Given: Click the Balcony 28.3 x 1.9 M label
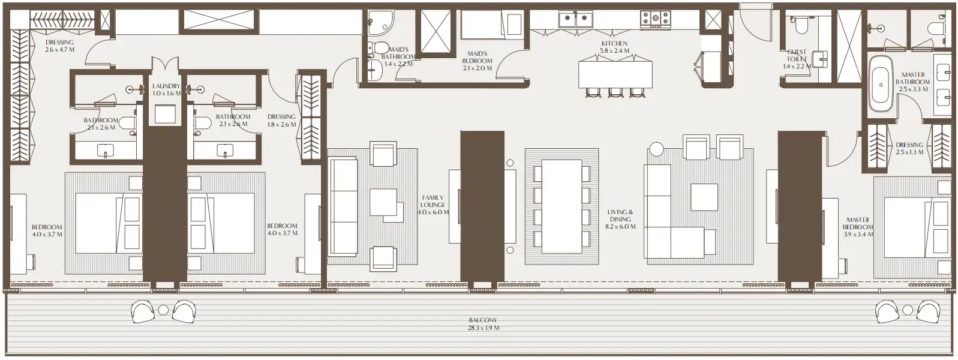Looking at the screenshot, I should point(483,324).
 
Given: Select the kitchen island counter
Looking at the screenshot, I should point(615,74).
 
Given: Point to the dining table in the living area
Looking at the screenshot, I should point(561,207).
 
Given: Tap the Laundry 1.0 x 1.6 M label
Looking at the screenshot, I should point(166,89).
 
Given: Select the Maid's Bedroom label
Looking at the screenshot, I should point(477,61).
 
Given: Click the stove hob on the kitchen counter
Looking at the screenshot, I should point(655,19).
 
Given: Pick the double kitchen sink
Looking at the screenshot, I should point(575,19).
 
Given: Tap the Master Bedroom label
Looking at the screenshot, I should point(857,227).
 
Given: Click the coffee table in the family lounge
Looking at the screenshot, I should point(383,202).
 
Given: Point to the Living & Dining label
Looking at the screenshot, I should point(620,219).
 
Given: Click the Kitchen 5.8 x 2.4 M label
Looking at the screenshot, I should point(614,47).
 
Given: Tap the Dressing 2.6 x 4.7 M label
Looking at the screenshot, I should point(59,46).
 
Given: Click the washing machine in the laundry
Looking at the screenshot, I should point(166,114).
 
